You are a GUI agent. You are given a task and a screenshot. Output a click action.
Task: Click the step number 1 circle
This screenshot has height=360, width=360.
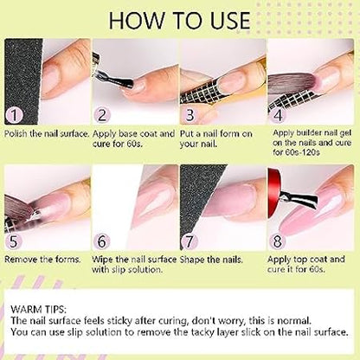14,115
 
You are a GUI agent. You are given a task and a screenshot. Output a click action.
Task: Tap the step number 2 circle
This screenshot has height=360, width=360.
102,115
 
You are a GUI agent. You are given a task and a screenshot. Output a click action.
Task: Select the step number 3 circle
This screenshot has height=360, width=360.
190,115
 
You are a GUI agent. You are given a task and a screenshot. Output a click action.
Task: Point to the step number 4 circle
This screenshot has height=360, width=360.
278,115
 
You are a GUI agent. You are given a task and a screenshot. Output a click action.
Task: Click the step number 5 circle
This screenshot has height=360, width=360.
14,241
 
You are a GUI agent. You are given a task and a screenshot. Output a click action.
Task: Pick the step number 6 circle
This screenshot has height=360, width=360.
102,241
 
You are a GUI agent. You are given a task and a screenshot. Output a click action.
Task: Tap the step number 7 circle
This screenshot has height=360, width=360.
190,241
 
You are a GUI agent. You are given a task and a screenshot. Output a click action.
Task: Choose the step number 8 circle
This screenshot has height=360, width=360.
277,241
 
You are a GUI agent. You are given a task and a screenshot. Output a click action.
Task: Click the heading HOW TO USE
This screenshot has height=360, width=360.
179,21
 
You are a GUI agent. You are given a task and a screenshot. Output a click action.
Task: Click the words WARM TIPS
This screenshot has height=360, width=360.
39,310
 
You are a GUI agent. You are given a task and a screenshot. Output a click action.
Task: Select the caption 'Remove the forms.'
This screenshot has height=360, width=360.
42,260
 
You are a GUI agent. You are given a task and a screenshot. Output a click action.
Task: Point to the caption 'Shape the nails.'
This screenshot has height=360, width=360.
211,260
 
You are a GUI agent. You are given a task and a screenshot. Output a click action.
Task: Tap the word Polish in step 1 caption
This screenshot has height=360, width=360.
16,134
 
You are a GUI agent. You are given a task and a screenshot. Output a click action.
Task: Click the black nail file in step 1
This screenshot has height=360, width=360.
23,80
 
